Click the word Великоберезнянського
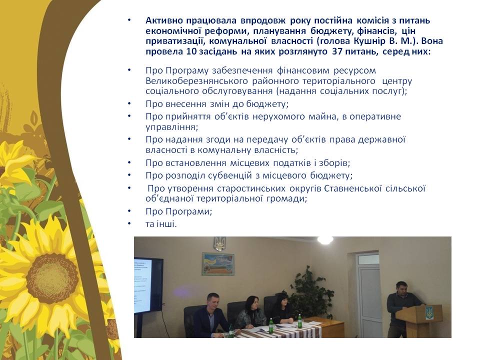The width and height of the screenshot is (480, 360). pos(196,81)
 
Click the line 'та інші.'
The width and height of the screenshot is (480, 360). pos(161,224)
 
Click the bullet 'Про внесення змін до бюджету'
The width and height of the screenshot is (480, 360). pos(217,104)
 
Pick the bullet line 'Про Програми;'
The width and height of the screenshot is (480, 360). pos(179,211)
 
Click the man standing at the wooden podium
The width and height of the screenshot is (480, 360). pos(401,307)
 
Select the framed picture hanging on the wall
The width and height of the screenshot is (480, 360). pos(218,264)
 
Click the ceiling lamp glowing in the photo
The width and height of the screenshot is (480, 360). pos(325,239)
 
